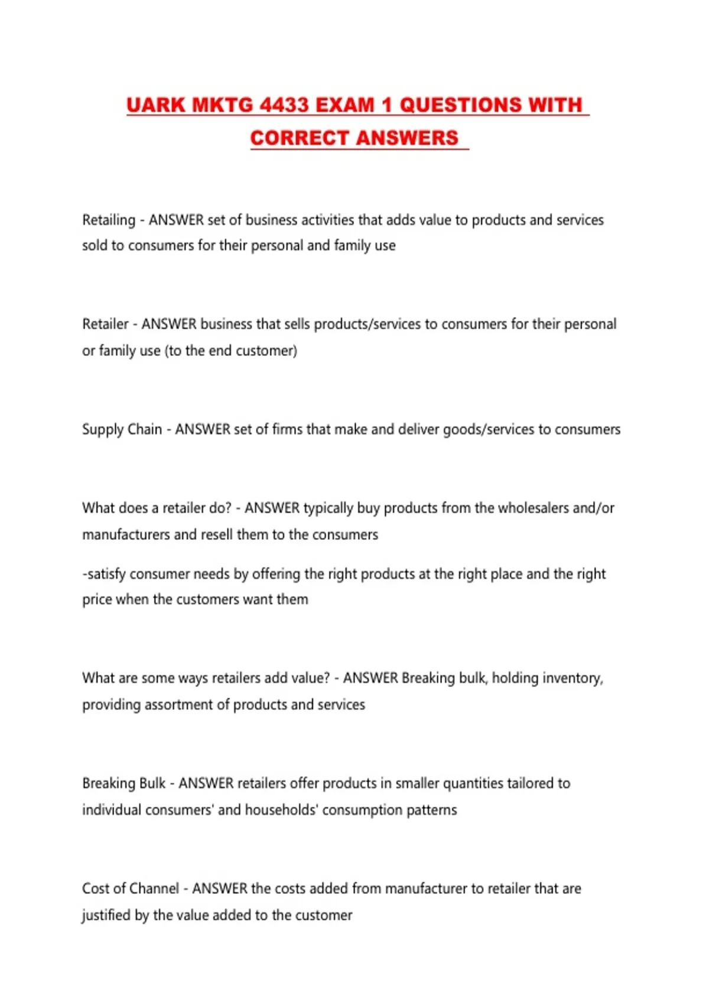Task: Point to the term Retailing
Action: tap(109, 220)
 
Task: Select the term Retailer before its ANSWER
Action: tap(105, 324)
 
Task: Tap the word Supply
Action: tap(102, 430)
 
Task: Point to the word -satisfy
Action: tap(104, 574)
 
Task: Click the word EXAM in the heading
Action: tap(346, 105)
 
